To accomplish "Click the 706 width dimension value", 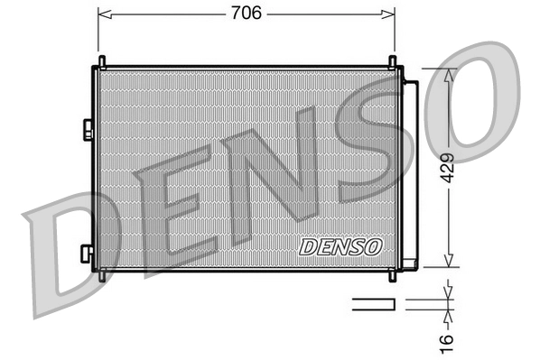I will pos(246,13).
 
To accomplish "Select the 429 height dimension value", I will pos(449,168).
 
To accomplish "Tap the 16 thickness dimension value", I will pos(449,341).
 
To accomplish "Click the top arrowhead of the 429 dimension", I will pos(449,73).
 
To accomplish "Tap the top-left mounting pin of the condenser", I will pos(101,61).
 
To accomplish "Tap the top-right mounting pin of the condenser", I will pos(394,61).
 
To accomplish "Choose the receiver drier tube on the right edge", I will pos(410,171).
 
